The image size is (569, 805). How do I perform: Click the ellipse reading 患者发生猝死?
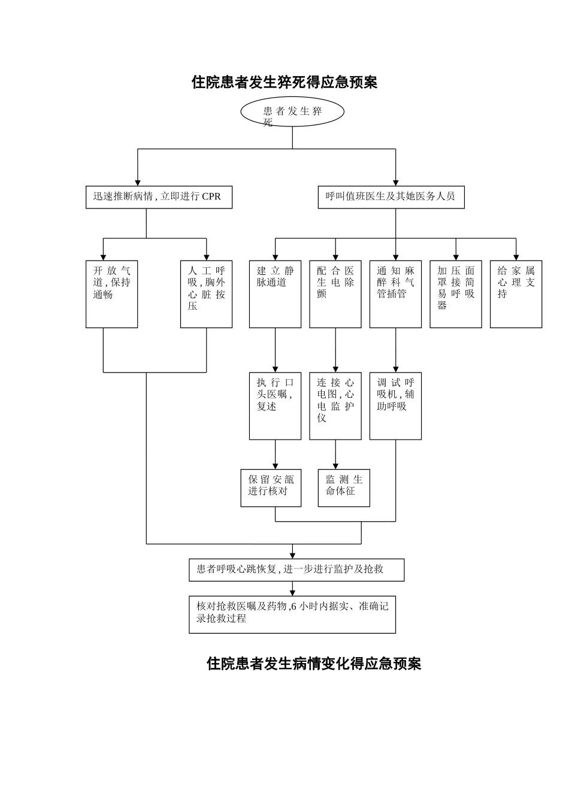[x=292, y=112]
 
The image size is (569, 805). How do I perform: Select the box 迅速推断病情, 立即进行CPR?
[x=159, y=197]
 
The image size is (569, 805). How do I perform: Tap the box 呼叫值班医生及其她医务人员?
[x=391, y=197]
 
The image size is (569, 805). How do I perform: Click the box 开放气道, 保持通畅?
[x=111, y=294]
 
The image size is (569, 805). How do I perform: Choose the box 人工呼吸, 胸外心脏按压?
[x=206, y=294]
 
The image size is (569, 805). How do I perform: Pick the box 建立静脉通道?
[x=275, y=294]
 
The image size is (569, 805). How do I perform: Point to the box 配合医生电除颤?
[x=335, y=294]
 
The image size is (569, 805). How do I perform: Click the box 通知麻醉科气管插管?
[x=395, y=294]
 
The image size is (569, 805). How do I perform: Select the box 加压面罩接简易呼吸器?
[x=455, y=294]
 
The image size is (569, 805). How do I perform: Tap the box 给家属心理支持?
[x=516, y=294]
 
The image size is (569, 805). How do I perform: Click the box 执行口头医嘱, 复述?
[x=275, y=406]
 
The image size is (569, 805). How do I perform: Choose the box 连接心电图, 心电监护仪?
[x=335, y=406]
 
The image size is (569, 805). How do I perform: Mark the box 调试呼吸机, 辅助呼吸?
[x=395, y=406]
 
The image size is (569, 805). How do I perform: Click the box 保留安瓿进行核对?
[x=271, y=488]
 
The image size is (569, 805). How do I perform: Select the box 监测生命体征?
[x=344, y=488]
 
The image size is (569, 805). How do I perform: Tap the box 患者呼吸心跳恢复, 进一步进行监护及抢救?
[x=296, y=570]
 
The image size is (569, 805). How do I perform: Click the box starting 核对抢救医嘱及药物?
[x=292, y=614]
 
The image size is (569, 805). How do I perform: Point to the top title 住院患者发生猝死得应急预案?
[x=284, y=82]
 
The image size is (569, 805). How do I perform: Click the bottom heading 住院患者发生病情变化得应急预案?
[x=314, y=664]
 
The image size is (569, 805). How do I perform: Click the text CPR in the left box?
[x=211, y=196]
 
